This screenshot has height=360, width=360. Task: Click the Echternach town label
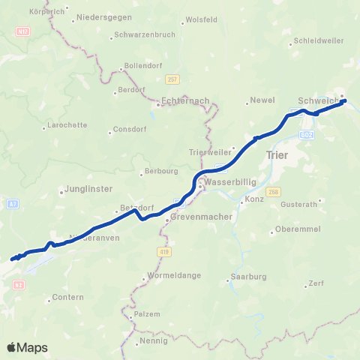click(x=185, y=99)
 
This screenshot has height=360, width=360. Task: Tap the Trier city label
click(x=277, y=154)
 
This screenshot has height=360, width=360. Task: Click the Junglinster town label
click(x=88, y=190)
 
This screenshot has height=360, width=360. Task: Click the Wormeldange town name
click(x=175, y=275)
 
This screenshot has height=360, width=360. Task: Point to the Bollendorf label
click(x=143, y=66)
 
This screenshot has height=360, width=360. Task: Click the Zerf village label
click(x=316, y=284)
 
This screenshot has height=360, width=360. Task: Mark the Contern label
click(x=64, y=298)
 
